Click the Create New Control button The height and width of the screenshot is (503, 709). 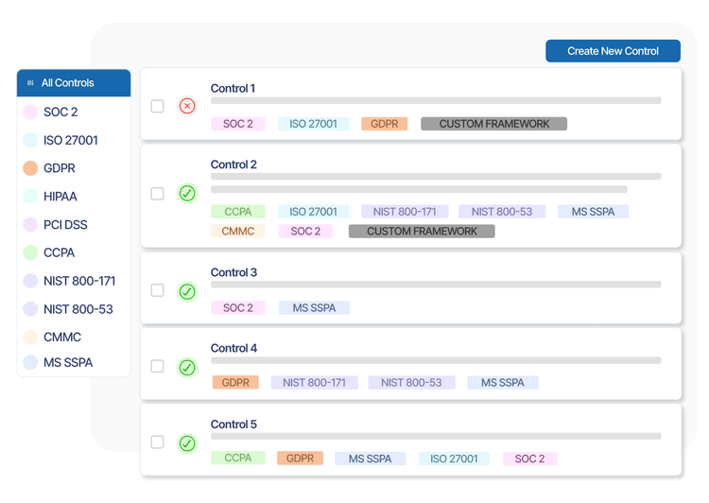point(613,51)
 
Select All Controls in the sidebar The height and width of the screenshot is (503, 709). point(67,83)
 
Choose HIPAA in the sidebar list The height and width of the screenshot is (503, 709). point(60,197)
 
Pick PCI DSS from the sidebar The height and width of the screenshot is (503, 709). point(65,225)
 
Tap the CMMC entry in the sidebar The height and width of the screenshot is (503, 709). point(62,337)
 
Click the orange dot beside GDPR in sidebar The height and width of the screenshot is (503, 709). point(29,168)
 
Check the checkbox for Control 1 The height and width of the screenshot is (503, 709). point(158,106)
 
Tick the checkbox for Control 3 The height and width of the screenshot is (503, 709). point(158,290)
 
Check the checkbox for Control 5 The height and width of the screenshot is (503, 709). point(158,442)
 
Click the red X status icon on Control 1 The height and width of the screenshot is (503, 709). point(187,106)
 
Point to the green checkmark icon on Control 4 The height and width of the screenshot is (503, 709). point(187,367)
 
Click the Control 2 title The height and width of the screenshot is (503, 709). point(233,165)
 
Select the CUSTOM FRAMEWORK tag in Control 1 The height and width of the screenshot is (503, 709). point(493,124)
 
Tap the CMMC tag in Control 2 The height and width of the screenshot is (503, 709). point(237,232)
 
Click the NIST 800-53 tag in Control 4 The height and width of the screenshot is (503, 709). point(411,383)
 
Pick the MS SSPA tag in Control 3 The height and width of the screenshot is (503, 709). point(314,307)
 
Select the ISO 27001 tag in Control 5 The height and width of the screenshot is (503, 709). point(454,459)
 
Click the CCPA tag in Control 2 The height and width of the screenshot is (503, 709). point(237,212)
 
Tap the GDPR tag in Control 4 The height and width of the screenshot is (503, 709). point(235,383)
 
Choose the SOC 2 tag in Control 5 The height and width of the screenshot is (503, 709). point(529,459)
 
